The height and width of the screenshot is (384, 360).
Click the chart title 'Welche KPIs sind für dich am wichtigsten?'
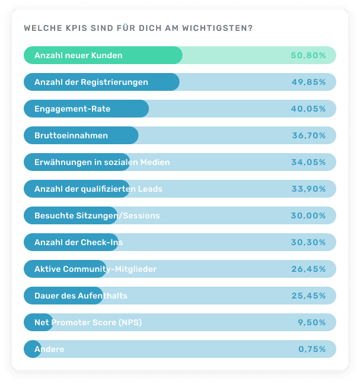click(138, 28)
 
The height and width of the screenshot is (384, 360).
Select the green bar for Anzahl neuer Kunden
click(103, 55)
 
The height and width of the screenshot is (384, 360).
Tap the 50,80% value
click(308, 55)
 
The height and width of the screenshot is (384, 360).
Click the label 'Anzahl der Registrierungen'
click(91, 82)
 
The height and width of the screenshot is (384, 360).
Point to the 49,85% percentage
click(308, 82)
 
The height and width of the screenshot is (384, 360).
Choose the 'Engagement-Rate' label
click(72, 109)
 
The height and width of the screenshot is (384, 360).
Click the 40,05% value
click(308, 109)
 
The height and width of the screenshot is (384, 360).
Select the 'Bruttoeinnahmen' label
click(71, 135)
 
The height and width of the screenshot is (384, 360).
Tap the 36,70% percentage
click(308, 135)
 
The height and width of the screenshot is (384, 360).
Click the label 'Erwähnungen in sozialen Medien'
click(102, 162)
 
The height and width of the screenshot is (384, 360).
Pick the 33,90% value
click(308, 189)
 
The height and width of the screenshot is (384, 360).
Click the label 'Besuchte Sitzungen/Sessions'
click(97, 215)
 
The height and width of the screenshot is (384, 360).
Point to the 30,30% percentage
click(308, 242)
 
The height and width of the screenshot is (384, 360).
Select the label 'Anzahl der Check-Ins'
click(79, 242)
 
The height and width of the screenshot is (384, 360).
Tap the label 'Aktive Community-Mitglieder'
click(95, 269)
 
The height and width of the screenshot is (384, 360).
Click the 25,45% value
click(308, 296)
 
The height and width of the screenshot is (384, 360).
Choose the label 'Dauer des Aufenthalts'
click(81, 296)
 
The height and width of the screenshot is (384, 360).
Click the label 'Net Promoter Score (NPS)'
click(88, 322)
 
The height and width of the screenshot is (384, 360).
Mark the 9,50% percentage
click(311, 322)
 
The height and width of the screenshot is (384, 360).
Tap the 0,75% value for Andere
click(311, 349)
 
